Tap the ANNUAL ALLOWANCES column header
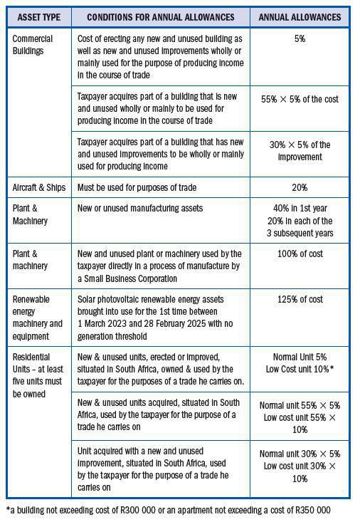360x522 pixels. point(300,16)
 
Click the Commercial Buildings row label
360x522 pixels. point(32,44)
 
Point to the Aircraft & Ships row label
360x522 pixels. point(38,187)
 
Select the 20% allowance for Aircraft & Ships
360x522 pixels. point(300,187)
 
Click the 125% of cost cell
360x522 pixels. point(300,299)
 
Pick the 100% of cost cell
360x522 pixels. point(300,254)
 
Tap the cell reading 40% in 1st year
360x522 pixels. point(300,208)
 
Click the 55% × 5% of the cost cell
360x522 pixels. point(300,99)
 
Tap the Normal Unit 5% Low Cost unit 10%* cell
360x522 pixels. point(300,361)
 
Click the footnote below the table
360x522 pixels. point(169,509)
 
